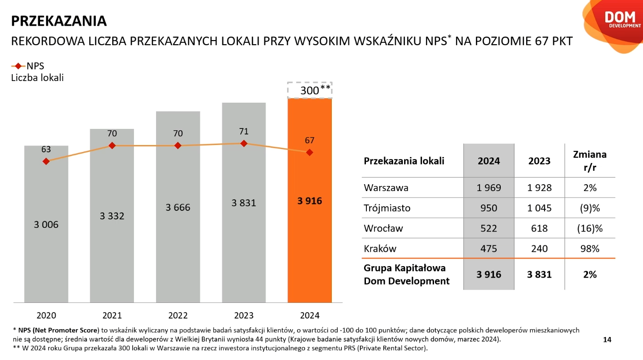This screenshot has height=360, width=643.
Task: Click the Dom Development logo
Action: [619, 19]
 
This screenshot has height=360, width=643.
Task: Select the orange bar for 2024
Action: [309, 230]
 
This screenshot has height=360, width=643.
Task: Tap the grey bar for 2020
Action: [46, 258]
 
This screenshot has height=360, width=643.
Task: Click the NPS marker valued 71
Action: [244, 144]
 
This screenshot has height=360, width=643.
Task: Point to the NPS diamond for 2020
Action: [46, 161]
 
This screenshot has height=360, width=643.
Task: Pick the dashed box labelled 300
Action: [310, 90]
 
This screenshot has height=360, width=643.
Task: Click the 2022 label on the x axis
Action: [178, 316]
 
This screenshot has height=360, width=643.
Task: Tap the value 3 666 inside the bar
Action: [178, 208]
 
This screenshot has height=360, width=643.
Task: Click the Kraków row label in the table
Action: [380, 249]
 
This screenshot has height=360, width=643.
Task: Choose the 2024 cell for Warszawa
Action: [488, 188]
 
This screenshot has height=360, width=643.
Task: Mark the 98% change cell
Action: [590, 249]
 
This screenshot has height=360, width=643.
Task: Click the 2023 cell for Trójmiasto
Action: [539, 208]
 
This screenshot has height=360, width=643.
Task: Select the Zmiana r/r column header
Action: [590, 161]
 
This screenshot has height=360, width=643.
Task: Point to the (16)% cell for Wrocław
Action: [590, 228]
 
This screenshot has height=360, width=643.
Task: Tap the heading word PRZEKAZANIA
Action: [59, 21]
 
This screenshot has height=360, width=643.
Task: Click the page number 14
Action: [607, 340]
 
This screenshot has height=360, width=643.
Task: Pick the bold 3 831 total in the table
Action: [539, 274]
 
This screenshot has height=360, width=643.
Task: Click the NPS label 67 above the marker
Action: [309, 140]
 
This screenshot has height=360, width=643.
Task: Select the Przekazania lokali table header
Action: [404, 161]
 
